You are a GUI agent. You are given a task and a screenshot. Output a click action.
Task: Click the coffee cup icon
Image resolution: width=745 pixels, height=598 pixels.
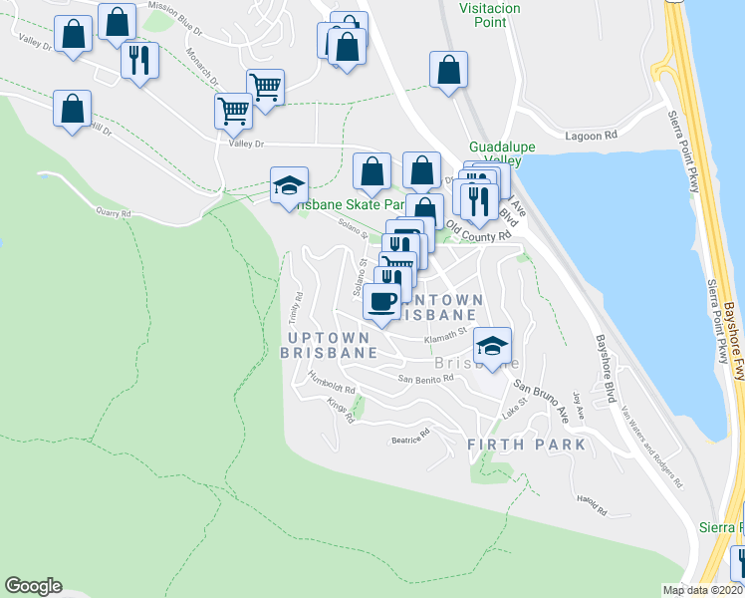(x=381, y=300)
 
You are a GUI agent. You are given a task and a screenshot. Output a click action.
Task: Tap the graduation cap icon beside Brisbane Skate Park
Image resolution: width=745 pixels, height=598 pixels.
(x=289, y=185)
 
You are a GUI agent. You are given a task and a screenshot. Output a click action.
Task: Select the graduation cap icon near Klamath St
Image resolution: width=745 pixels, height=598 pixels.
(x=492, y=346)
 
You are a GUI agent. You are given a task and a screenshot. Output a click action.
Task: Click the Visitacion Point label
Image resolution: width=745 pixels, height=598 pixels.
(x=488, y=11)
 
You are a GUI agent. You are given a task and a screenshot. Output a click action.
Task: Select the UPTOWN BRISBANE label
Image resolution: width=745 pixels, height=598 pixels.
(x=328, y=343)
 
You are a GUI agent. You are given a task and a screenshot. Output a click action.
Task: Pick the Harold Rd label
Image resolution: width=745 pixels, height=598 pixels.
(x=592, y=505)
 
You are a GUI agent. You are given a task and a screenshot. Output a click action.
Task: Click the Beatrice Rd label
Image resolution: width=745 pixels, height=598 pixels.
(x=408, y=436)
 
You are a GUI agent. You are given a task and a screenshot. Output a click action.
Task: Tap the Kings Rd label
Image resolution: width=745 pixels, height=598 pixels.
(x=341, y=411)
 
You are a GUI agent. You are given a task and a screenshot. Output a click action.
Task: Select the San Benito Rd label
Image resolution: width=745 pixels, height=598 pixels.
(x=425, y=379)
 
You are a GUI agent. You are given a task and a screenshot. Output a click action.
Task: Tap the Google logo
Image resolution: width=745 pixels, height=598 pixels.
(x=34, y=586)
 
